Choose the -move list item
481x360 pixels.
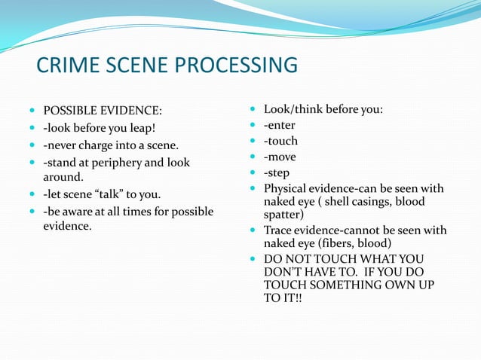[x=280, y=157]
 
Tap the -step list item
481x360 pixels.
[x=277, y=173]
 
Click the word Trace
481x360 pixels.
[x=278, y=230]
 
